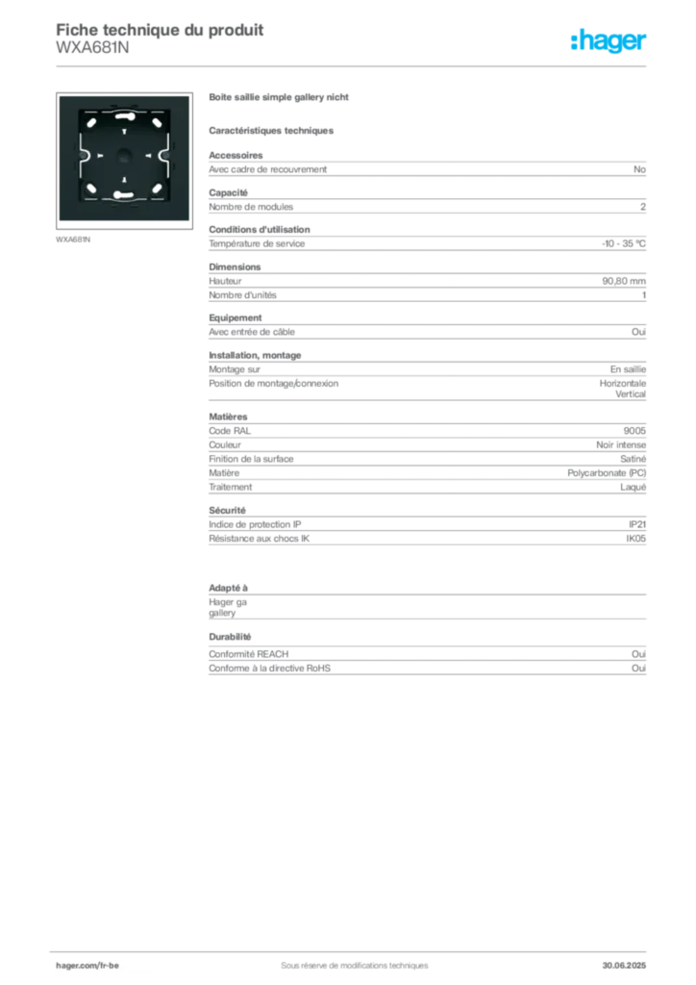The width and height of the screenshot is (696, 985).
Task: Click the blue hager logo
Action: click(x=609, y=42)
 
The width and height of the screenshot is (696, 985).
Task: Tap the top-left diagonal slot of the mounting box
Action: click(x=91, y=121)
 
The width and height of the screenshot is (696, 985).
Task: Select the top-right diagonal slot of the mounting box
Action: click(x=157, y=121)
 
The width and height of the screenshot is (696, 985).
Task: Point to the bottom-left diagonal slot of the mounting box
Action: click(x=91, y=188)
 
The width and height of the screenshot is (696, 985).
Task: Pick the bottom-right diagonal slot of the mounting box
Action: click(x=157, y=188)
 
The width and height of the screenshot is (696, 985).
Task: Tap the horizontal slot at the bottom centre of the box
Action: click(x=123, y=196)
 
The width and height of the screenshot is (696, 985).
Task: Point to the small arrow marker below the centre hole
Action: click(x=124, y=181)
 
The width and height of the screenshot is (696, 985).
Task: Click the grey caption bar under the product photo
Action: click(x=73, y=240)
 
